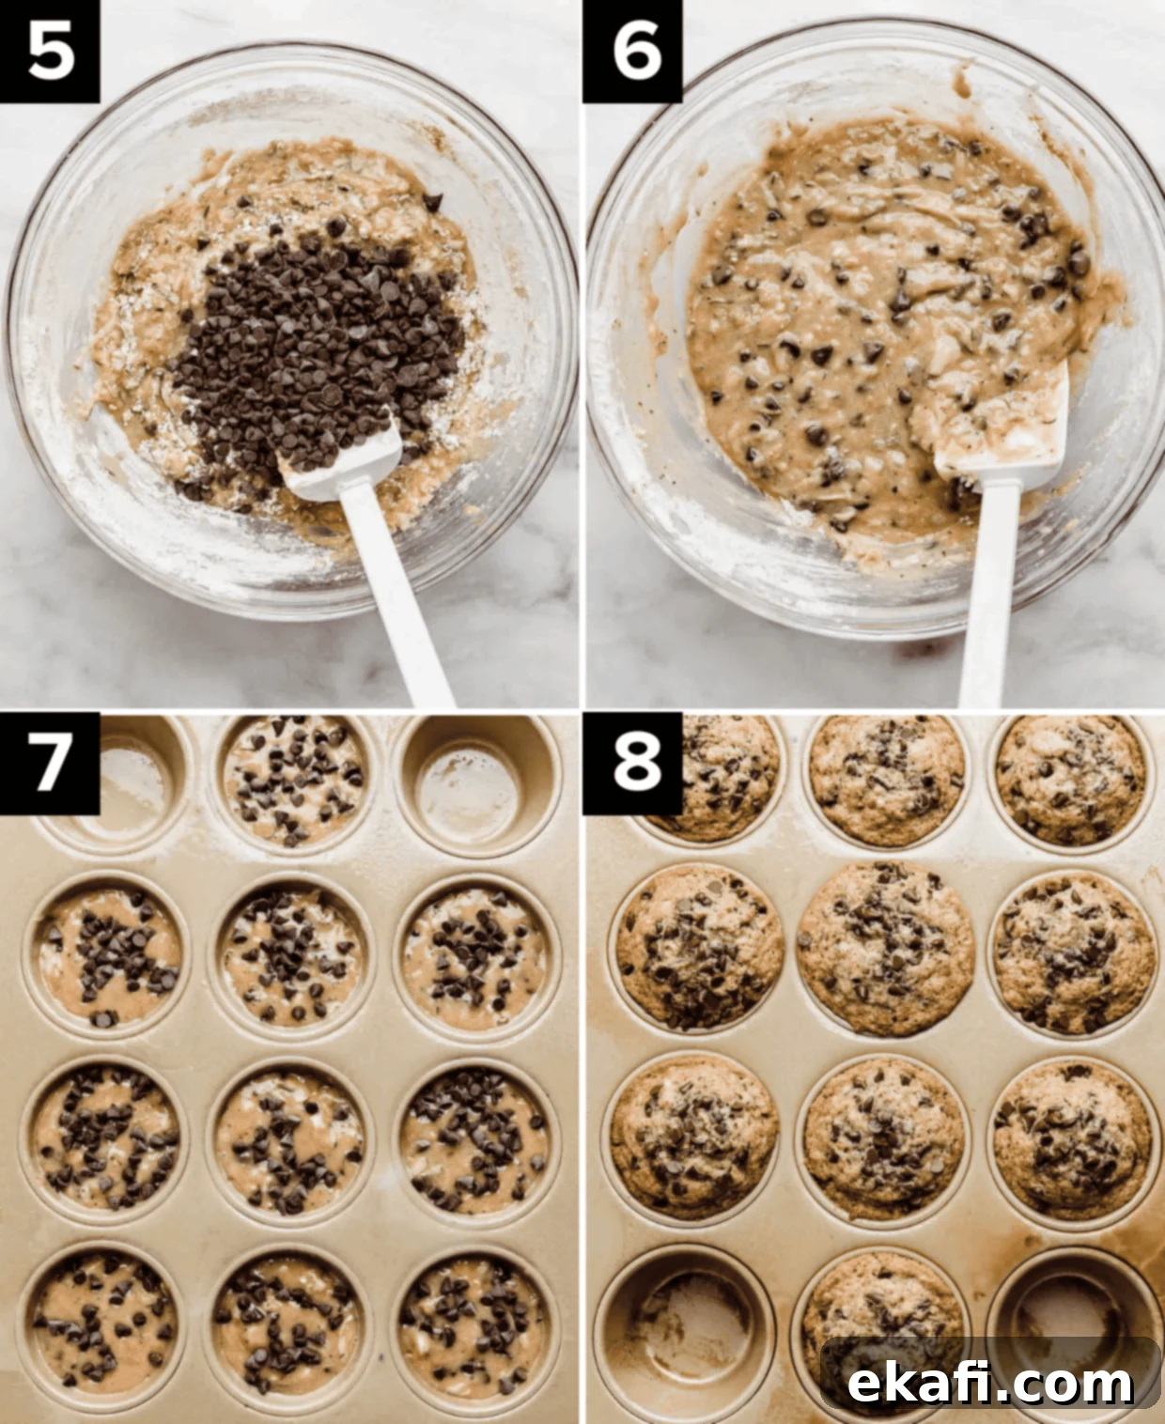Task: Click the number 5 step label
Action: [50, 52]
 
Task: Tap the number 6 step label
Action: [633, 52]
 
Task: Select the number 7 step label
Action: [50, 764]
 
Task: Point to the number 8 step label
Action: [633, 764]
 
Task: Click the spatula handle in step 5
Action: [397, 595]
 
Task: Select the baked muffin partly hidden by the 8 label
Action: [720, 777]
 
